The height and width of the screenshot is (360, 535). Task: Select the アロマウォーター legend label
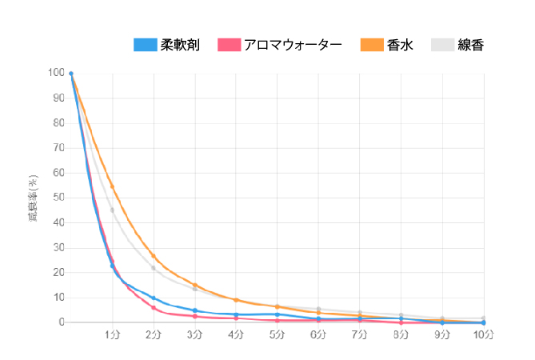coord(293,45)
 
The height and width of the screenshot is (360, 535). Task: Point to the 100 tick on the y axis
coord(56,73)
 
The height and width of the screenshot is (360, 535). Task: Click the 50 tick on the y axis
coord(58,198)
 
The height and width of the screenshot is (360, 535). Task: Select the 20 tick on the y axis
coord(58,273)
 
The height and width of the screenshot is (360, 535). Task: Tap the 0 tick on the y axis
coord(61,322)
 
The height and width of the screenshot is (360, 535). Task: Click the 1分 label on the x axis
coord(112,334)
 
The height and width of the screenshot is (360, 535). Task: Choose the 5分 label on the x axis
coord(277,334)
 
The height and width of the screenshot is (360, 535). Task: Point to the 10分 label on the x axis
coord(483,334)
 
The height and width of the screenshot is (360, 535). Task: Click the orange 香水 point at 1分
coord(112,186)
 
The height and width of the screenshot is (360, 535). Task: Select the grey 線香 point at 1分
coord(112,210)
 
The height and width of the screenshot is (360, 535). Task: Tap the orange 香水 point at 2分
coord(154,256)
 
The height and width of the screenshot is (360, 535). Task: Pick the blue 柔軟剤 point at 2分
coord(154,298)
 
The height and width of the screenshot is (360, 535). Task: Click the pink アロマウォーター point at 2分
coord(154,307)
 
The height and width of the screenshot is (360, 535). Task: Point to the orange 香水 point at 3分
coord(195,285)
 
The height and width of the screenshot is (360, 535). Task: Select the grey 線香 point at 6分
coord(318,309)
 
